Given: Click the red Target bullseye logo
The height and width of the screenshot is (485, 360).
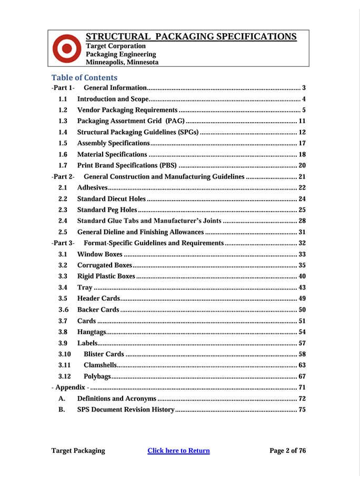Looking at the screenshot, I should coord(66,49).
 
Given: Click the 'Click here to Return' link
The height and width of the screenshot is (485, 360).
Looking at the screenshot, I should coord(178,450).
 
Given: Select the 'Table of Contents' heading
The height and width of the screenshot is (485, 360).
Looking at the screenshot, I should coord(84,77).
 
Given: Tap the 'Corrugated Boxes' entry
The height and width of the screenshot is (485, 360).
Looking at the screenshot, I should coord(105,265).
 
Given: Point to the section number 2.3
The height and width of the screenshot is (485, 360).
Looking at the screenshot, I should coord(63,210).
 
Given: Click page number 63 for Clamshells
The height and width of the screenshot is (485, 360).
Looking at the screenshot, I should coord(302,365).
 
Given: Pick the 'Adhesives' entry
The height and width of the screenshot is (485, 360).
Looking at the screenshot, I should coord(92,187).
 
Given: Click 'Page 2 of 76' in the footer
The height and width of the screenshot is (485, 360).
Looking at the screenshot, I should coord(287,450).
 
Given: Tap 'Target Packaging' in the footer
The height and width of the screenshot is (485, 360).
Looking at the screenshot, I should coord(78,450).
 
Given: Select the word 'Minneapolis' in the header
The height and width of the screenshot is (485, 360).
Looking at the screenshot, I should coord(105,62).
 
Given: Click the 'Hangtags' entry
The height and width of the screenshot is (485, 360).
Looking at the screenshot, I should coord(92,332).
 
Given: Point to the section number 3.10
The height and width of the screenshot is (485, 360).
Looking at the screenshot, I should coord(64,354).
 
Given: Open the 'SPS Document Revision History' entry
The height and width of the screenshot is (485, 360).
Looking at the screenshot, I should coord(125,409).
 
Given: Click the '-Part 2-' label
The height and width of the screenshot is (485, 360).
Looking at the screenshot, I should coord(63,176).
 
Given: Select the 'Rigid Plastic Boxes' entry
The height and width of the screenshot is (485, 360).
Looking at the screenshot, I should coord(106,276).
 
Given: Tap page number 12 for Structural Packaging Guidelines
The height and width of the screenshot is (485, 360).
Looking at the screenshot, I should coord(302,132).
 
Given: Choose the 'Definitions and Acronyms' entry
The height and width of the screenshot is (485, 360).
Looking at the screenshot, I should coord(117,398).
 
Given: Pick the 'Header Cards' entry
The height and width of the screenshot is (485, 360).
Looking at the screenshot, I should coord(98,298).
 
